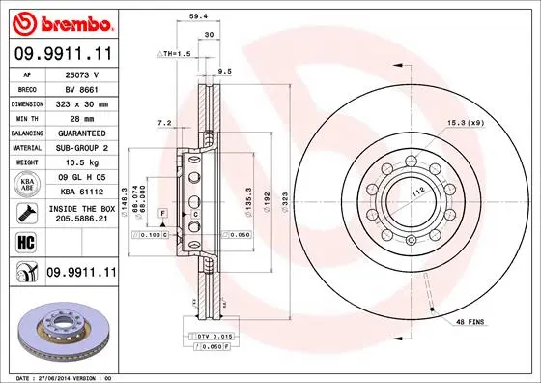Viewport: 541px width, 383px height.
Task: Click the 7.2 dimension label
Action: coord(163,123)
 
